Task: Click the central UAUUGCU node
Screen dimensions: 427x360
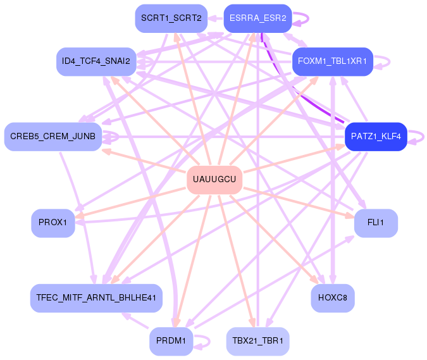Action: pyautogui.click(x=214, y=180)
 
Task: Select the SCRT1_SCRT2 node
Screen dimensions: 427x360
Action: pyautogui.click(x=171, y=18)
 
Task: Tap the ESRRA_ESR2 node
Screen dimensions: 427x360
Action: pyautogui.click(x=258, y=18)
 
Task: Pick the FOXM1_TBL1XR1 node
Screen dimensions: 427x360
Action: pyautogui.click(x=333, y=61)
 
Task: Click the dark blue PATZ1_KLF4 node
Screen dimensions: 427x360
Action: pyautogui.click(x=376, y=137)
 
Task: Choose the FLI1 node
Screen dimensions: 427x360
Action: pyautogui.click(x=376, y=223)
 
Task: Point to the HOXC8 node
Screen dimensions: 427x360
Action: pyautogui.click(x=333, y=298)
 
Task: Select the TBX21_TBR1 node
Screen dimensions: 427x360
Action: pyautogui.click(x=258, y=341)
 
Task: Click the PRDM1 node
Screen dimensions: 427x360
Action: pyautogui.click(x=171, y=341)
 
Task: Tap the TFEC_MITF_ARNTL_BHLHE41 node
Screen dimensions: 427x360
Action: pyautogui.click(x=96, y=298)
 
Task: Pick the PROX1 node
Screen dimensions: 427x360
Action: pyautogui.click(x=53, y=223)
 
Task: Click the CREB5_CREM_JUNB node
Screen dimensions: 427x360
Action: pyautogui.click(x=53, y=137)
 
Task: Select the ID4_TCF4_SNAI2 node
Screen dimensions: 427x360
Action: pyautogui.click(x=96, y=61)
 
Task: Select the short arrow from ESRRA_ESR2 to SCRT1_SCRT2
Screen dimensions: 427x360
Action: pyautogui.click(x=216, y=18)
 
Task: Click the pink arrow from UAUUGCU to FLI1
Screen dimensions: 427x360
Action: pyautogui.click(x=299, y=202)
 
